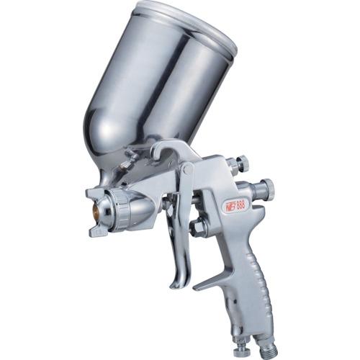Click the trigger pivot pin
(187, 170)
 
